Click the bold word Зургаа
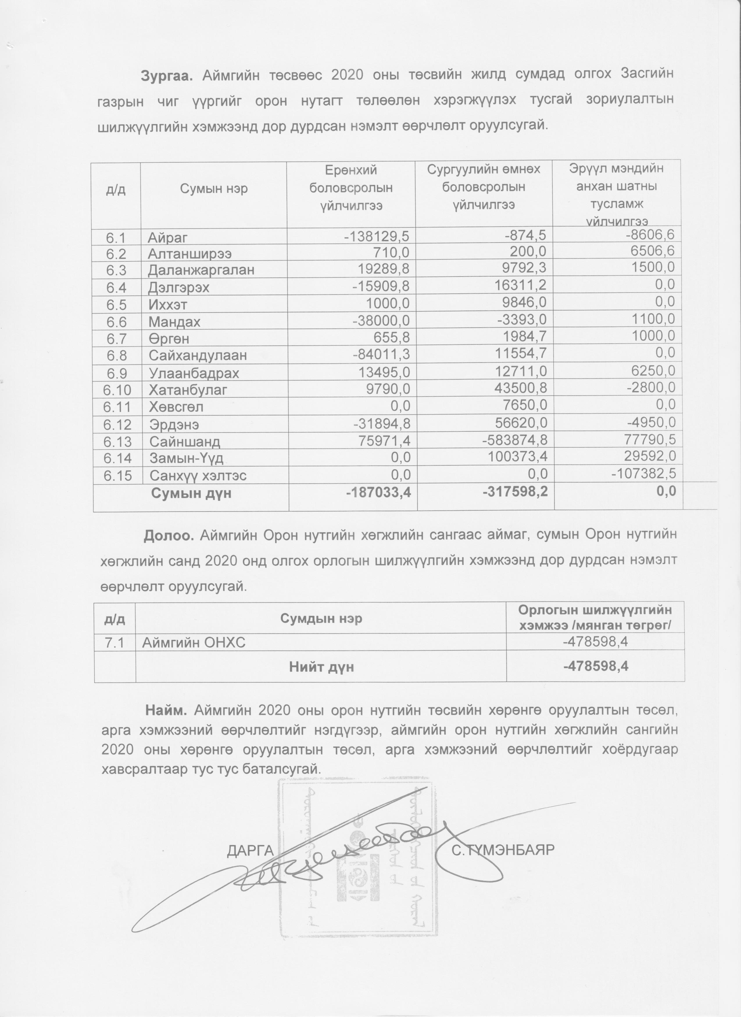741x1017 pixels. click(167, 74)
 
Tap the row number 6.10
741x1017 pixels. click(117, 389)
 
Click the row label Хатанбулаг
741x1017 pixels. click(188, 390)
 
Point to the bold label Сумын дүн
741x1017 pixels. click(191, 493)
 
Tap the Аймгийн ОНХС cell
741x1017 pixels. click(194, 643)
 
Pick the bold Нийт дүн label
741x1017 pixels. click(321, 667)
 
